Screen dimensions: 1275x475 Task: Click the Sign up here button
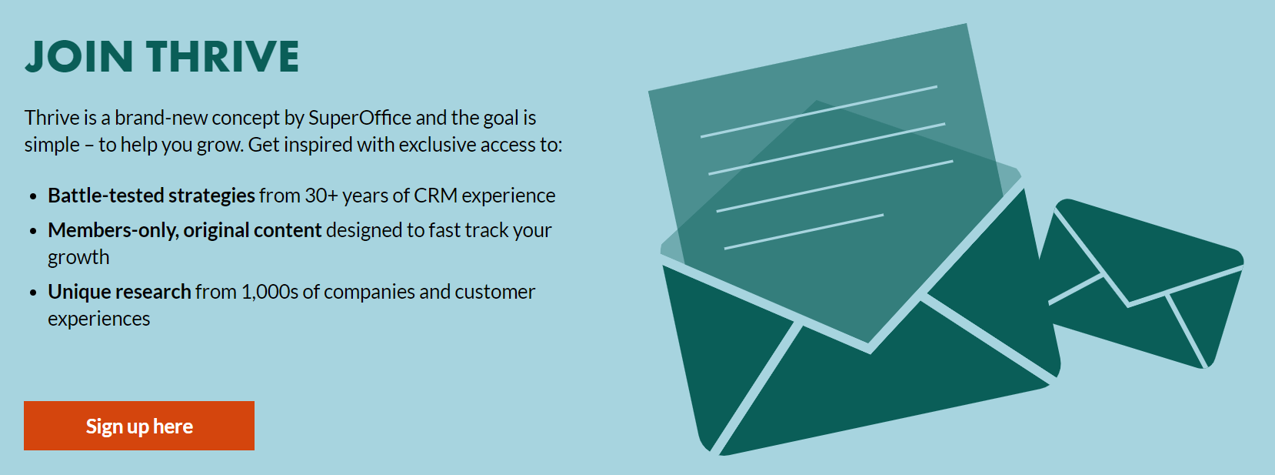(x=139, y=426)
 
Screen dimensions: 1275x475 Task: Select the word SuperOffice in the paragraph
(x=360, y=118)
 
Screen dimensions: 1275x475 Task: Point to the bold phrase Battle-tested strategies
(x=151, y=196)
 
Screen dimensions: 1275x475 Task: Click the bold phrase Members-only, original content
(x=185, y=231)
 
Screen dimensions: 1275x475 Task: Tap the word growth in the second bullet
(x=78, y=258)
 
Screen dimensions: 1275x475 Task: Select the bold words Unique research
(x=119, y=292)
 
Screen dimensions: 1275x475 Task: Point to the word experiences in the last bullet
(x=99, y=319)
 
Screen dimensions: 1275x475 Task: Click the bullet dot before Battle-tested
(x=33, y=197)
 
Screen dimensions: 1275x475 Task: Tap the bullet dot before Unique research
(x=33, y=293)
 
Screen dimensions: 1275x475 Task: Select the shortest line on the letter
(x=804, y=232)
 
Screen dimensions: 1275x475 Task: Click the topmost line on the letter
(x=818, y=112)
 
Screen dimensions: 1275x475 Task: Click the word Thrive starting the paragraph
(x=52, y=118)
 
